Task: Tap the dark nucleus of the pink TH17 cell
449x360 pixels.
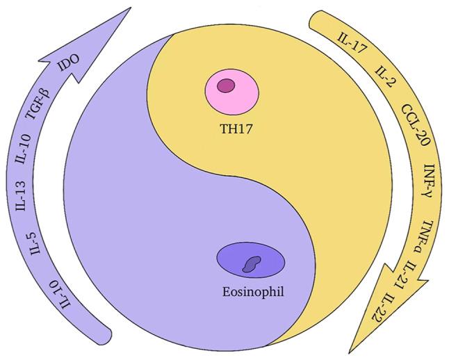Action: [226, 86]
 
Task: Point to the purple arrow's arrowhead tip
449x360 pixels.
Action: [129, 8]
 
